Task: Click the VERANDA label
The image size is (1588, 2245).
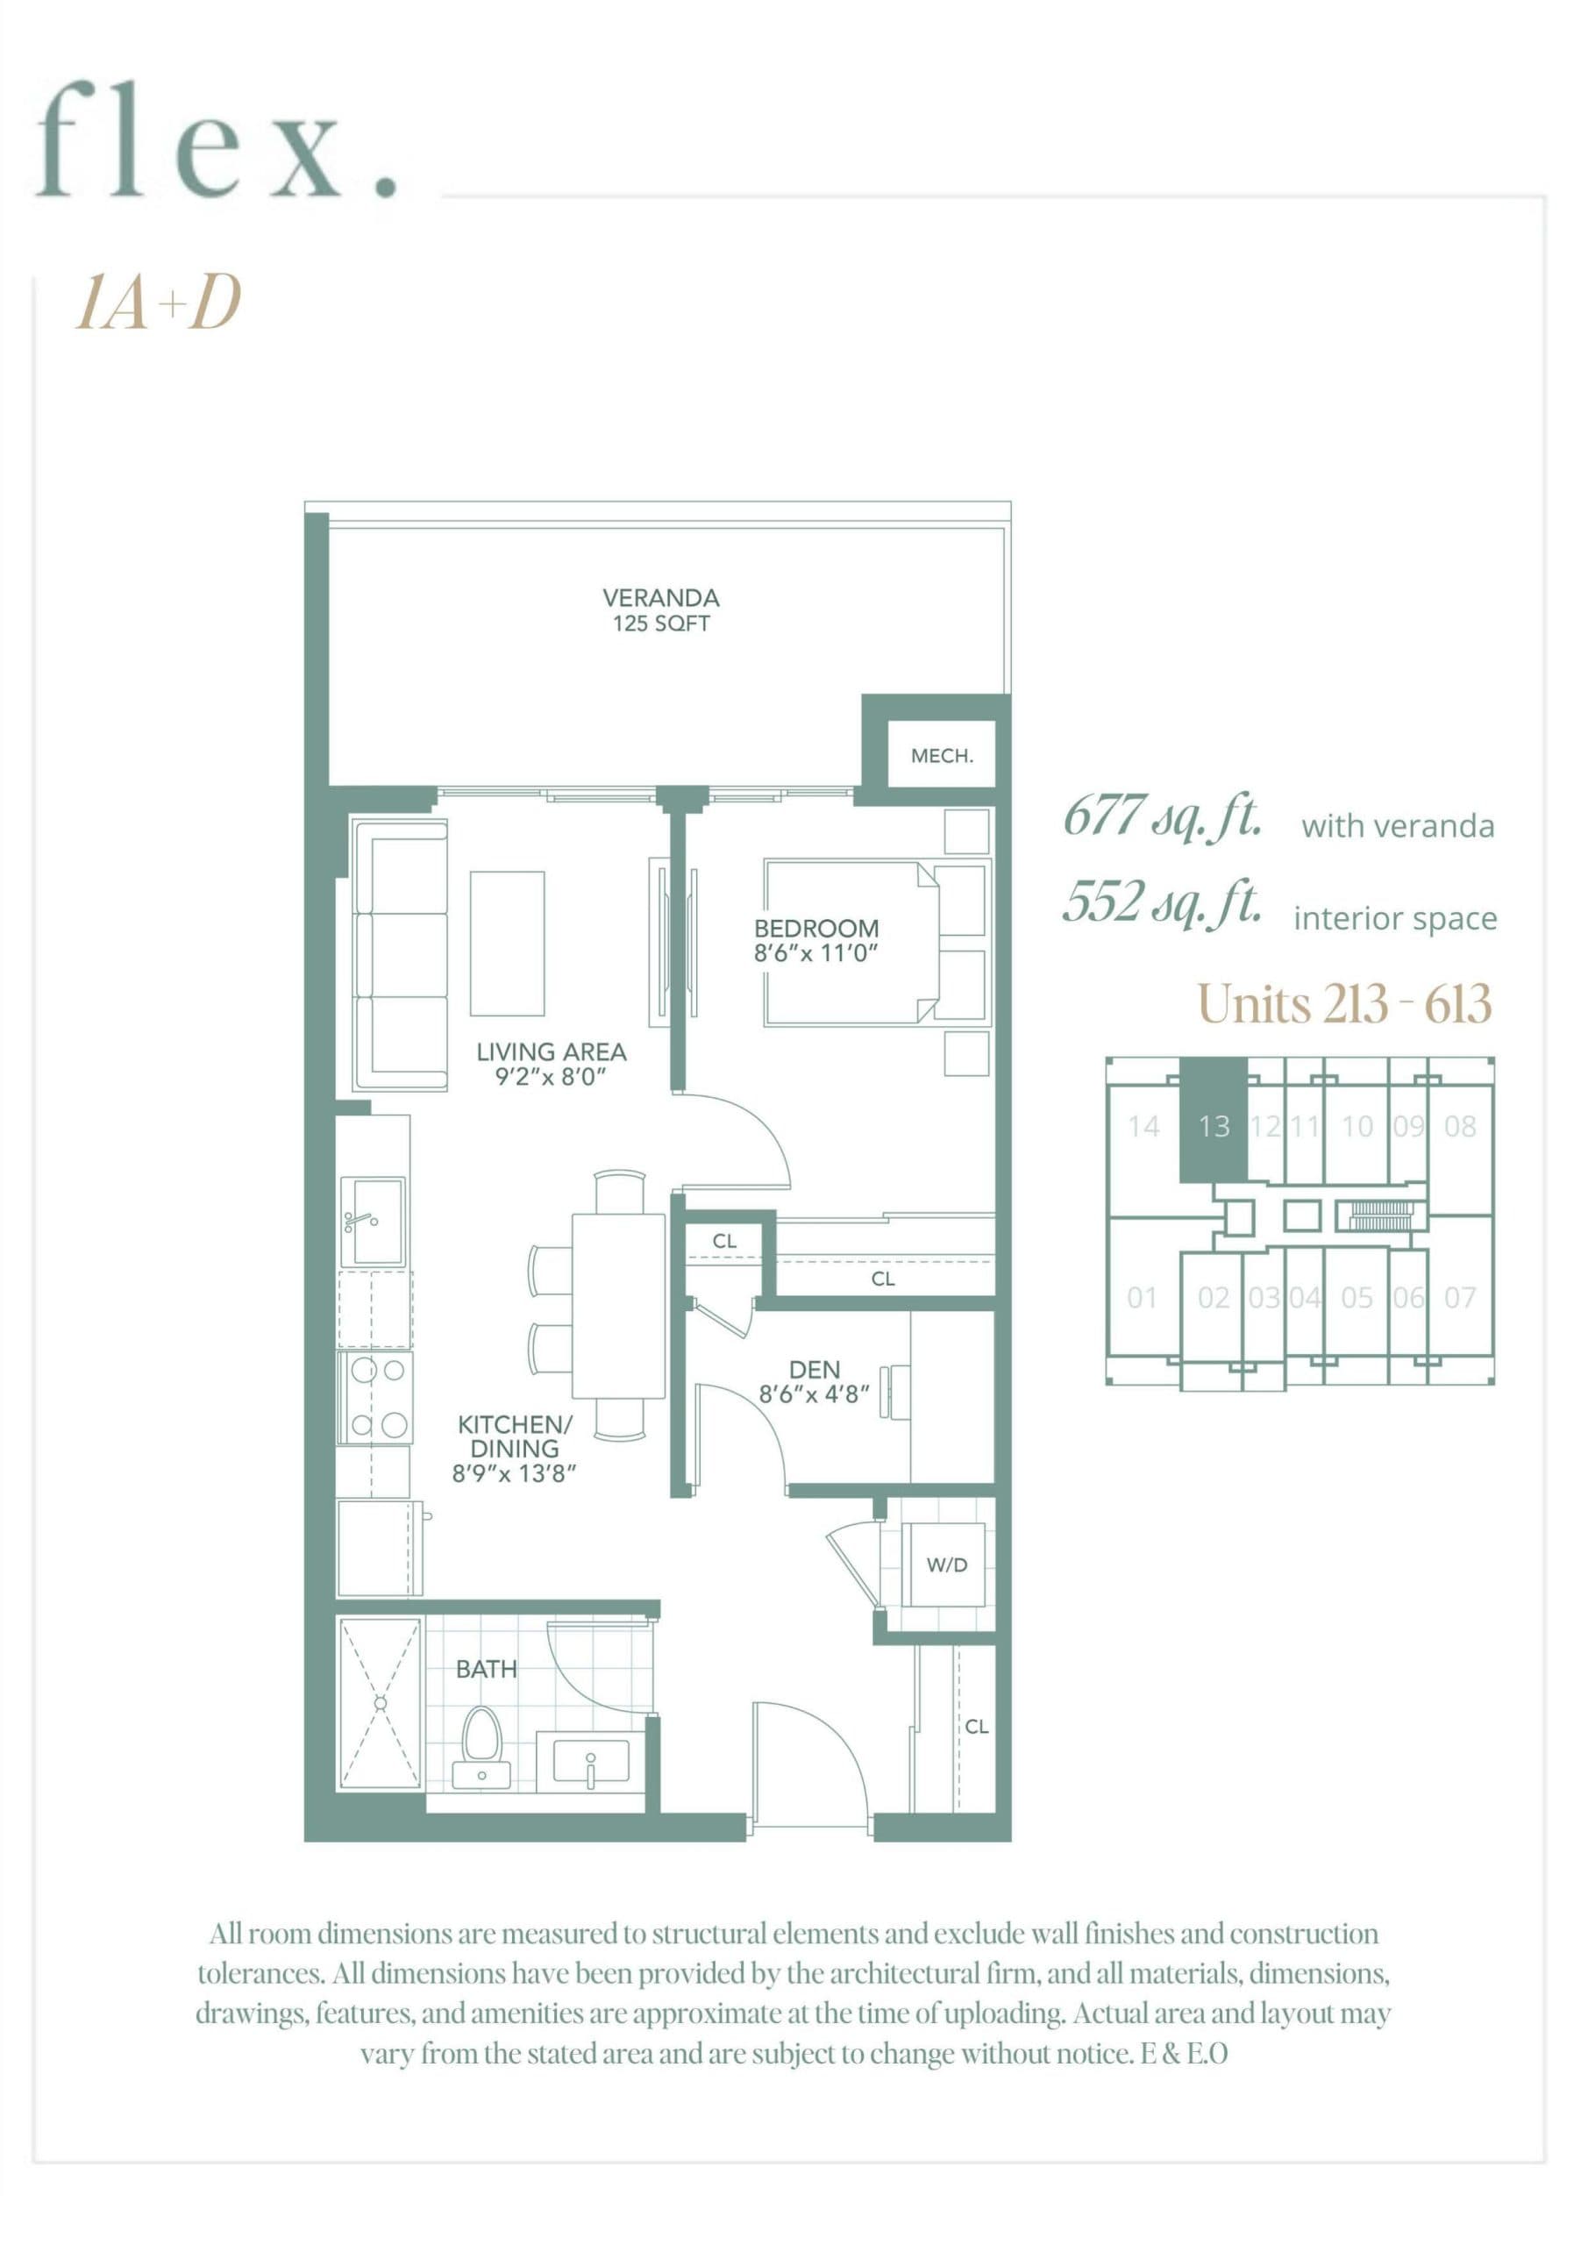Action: click(x=660, y=597)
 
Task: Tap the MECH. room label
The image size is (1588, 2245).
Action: click(x=941, y=756)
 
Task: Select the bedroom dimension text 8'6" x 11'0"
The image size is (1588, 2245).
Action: click(x=815, y=952)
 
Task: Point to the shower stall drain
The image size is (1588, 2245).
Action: click(x=381, y=1703)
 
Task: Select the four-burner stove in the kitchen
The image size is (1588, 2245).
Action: click(x=374, y=1397)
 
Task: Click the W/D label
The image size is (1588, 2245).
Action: click(x=945, y=1564)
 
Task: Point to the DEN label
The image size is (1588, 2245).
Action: click(x=814, y=1369)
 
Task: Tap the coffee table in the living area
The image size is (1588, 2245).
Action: click(x=507, y=944)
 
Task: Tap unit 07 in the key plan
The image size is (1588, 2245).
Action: click(x=1459, y=1298)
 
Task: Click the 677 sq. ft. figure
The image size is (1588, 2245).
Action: click(x=1161, y=816)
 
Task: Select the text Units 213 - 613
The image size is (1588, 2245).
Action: click(x=1343, y=1003)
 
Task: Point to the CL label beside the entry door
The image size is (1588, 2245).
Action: click(x=976, y=1727)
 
